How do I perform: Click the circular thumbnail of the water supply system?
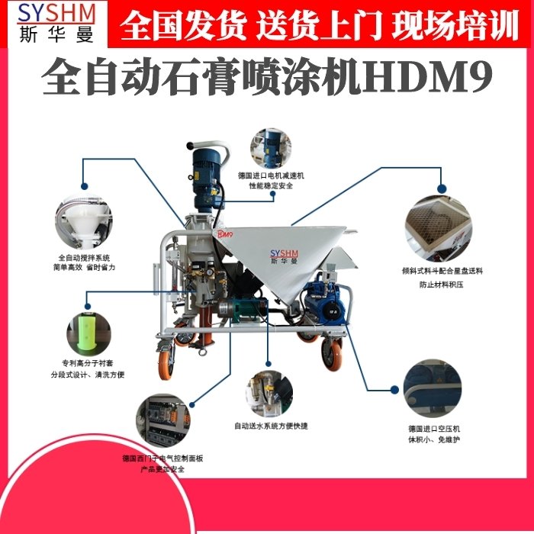point(269,392)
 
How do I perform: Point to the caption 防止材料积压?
point(440,284)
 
